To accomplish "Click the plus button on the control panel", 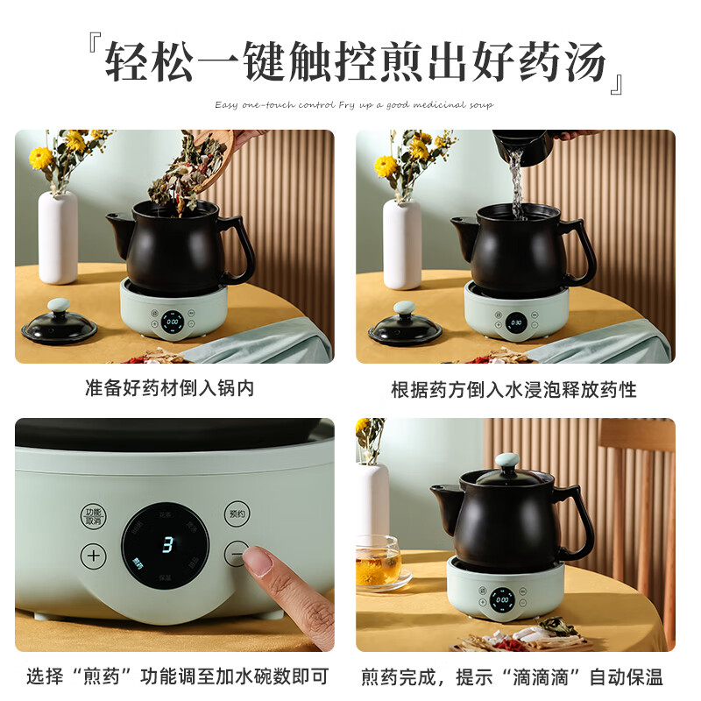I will click(95, 555).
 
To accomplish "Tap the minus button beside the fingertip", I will click(235, 554).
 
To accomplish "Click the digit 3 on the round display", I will click(166, 543).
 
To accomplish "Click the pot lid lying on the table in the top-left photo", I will click(60, 326).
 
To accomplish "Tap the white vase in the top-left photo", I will click(58, 237).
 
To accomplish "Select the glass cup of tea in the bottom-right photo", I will click(378, 561).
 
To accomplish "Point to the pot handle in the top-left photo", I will click(237, 245).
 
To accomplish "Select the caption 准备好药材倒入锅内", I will click(170, 388).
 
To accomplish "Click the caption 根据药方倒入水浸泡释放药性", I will click(513, 388).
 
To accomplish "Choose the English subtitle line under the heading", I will click(354, 105).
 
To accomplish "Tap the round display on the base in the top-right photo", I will click(517, 322).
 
